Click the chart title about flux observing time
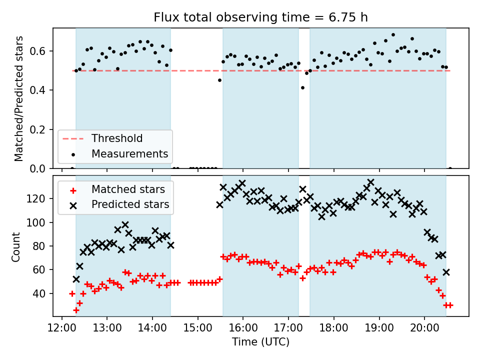coord(260,17)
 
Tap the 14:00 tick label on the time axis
coord(152,328)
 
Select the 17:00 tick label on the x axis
coord(288,328)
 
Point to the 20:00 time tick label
coord(424,328)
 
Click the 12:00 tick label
coord(62,328)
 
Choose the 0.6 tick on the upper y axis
coord(37,51)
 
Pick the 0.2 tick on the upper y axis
coord(37,129)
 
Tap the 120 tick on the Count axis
coord(36,198)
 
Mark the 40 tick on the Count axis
coord(39,293)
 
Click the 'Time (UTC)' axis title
coord(260,341)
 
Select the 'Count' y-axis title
coord(15,247)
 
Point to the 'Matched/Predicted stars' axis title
coord(18,98)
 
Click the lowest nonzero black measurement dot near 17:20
coord(303,88)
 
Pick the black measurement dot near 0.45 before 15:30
coord(219,80)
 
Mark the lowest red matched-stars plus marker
coord(76,310)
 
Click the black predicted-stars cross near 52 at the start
coord(76,279)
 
